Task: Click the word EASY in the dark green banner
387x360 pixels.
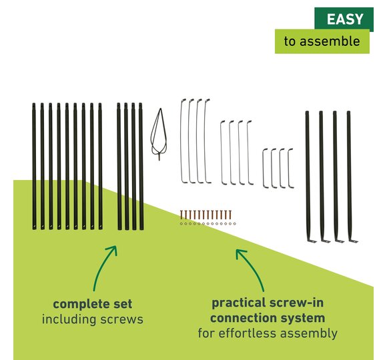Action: tap(345, 19)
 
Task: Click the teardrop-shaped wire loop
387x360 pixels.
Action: tap(159, 135)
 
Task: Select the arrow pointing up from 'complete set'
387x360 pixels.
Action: tap(104, 268)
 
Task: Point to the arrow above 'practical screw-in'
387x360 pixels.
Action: tap(250, 269)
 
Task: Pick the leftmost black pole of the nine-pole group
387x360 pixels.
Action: tap(34, 167)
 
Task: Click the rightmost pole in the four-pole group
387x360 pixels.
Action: tap(141, 167)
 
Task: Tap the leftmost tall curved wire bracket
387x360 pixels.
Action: tap(182, 141)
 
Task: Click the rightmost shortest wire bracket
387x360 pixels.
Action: tap(289, 168)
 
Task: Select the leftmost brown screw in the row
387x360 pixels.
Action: tap(181, 215)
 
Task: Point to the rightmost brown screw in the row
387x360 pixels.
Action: tap(230, 215)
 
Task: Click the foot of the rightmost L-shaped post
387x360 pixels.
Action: tap(354, 241)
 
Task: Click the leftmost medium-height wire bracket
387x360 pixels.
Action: tap(222, 153)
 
